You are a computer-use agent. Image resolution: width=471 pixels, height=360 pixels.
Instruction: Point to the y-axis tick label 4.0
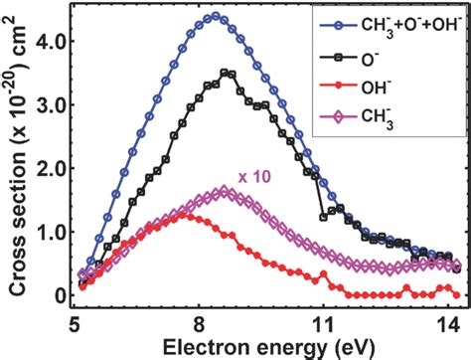coord(47,42)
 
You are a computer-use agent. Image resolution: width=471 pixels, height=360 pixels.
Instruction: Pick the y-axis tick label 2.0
coord(47,169)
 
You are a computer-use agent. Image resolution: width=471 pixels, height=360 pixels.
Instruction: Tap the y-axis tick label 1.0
coord(47,233)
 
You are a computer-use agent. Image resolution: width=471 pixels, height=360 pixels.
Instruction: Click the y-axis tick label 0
coord(58,295)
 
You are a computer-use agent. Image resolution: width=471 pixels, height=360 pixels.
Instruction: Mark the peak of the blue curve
coord(215,16)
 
